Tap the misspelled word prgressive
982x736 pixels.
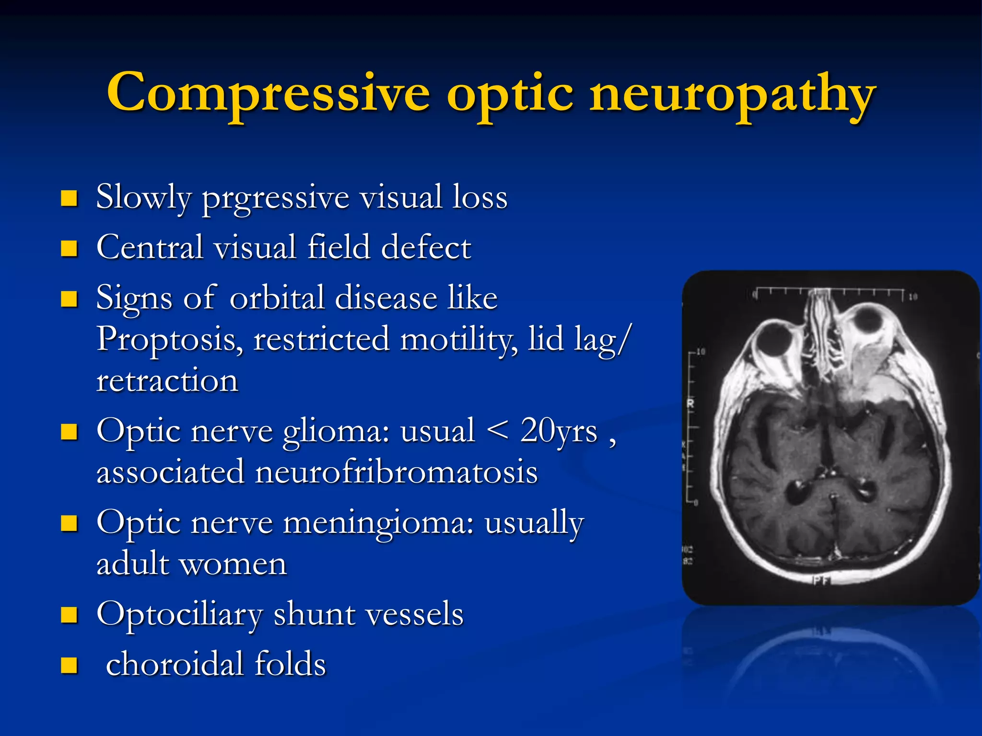[275, 198]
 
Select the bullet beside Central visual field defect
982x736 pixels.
[70, 248]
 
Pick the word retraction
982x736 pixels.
[167, 381]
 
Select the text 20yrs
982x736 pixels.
[559, 430]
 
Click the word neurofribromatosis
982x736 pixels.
[396, 472]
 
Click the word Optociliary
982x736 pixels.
[180, 615]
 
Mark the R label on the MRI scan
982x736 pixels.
[690, 403]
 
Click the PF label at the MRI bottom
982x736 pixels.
[820, 581]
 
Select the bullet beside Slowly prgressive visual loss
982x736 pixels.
[70, 198]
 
